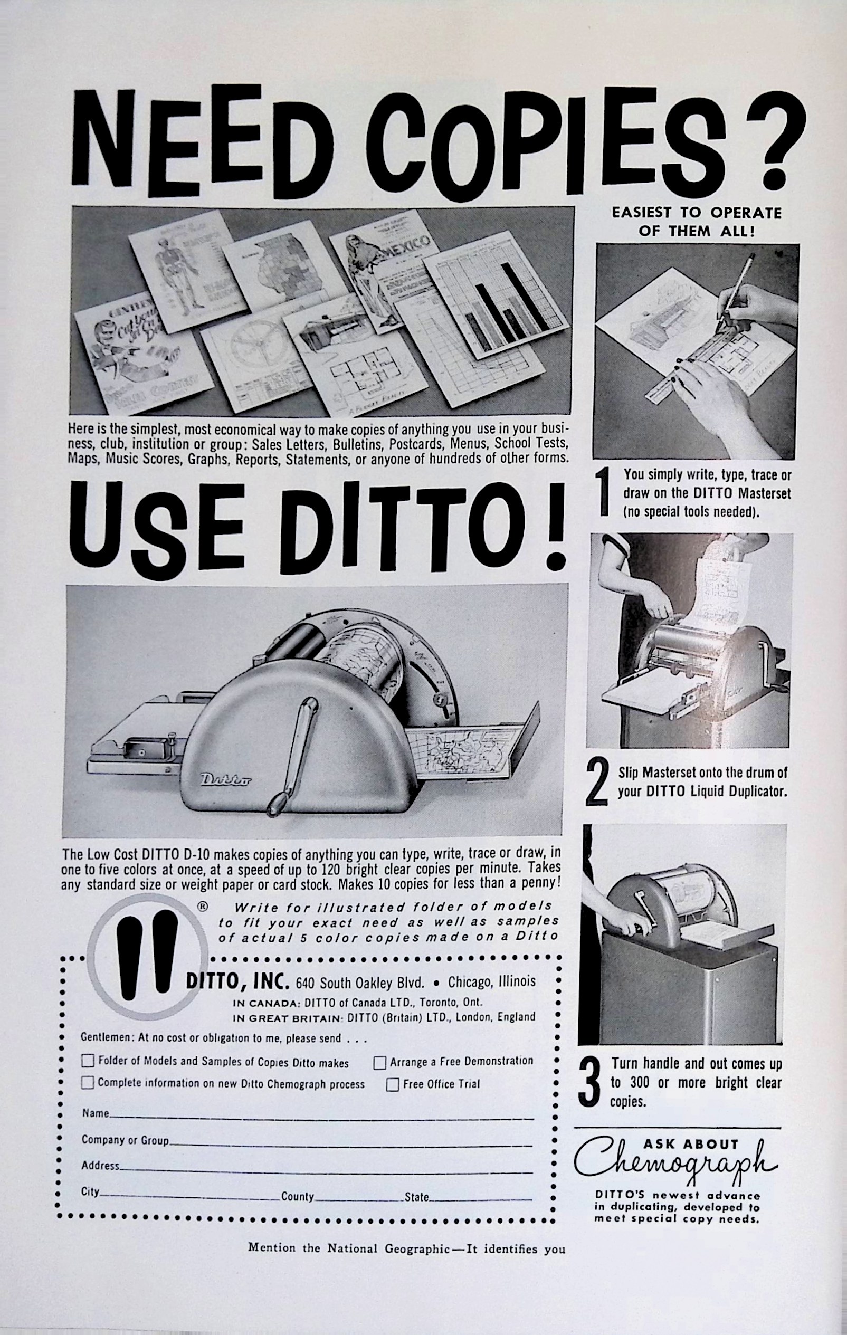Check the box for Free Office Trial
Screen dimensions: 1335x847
coord(393,1084)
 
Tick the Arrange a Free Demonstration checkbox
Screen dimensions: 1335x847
coord(380,1063)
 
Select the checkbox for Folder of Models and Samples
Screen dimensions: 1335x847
coord(88,1061)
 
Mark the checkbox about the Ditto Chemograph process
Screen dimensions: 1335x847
coord(88,1083)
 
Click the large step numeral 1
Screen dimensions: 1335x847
coord(605,492)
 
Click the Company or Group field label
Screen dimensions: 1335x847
coord(125,1140)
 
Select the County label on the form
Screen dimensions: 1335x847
coord(297,1197)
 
